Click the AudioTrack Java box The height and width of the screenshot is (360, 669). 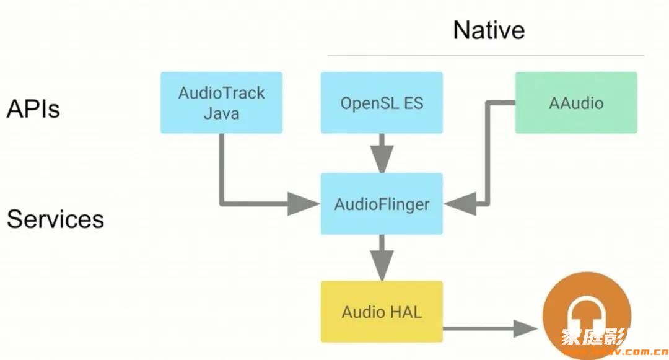[221, 102]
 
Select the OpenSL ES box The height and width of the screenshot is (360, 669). [382, 102]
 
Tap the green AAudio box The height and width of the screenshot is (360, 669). [576, 102]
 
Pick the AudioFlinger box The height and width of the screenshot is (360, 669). [382, 203]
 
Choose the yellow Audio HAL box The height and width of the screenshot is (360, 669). [382, 311]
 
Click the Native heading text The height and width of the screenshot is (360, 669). [489, 30]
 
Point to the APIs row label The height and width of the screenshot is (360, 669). [33, 109]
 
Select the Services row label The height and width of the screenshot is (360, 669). [55, 219]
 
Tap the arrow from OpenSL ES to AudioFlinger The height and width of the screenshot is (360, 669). [382, 152]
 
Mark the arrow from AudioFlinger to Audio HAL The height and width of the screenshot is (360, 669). [382, 257]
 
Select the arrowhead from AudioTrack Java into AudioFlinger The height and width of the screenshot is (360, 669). [304, 203]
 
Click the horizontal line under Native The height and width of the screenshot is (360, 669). [486, 55]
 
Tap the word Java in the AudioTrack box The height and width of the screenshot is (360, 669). [221, 114]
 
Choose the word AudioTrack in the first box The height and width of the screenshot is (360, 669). [221, 93]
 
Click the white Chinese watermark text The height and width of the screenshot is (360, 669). [595, 338]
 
